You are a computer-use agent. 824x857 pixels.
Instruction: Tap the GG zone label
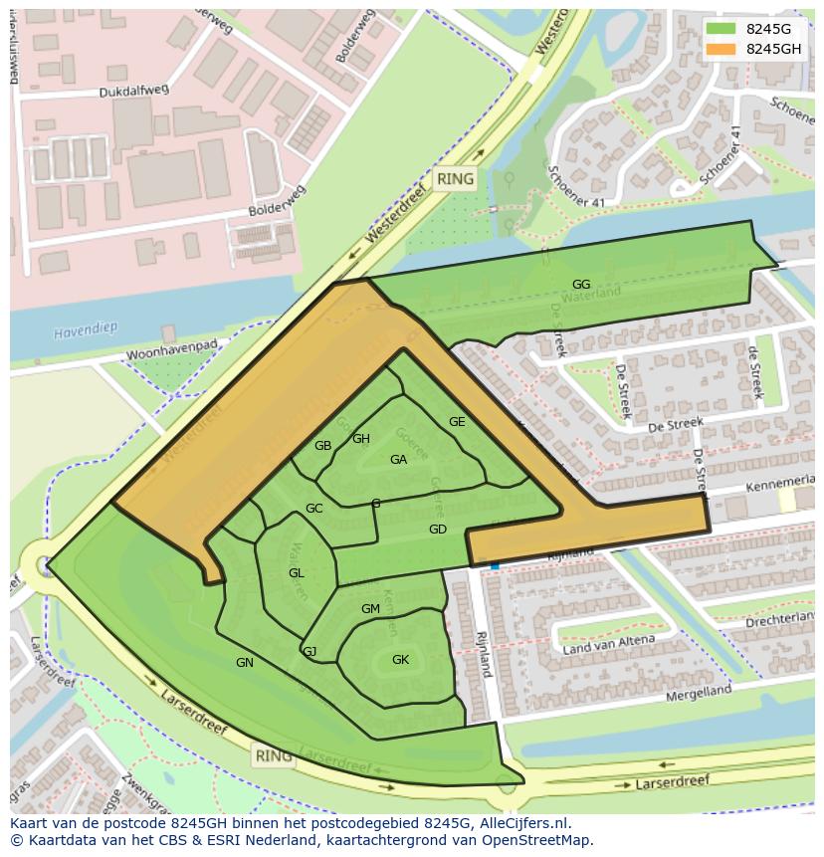tap(581, 285)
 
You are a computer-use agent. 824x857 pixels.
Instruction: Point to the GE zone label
tap(457, 422)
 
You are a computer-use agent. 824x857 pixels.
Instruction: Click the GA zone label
tap(399, 460)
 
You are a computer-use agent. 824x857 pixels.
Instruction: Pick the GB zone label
tap(322, 446)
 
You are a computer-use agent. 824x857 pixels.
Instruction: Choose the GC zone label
tap(314, 509)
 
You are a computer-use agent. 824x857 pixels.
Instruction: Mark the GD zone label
tap(438, 530)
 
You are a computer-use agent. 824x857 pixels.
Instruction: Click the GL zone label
tap(297, 573)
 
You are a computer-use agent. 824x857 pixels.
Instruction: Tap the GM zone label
tap(371, 609)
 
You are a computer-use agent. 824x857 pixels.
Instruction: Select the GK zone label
tap(400, 660)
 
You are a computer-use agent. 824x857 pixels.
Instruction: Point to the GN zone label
tap(245, 663)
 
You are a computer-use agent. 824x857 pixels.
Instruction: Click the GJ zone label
tap(309, 652)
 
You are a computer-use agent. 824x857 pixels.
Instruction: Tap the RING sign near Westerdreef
tap(455, 180)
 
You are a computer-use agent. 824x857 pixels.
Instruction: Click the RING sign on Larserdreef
tap(274, 755)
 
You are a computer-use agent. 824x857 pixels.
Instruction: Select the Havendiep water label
tap(86, 331)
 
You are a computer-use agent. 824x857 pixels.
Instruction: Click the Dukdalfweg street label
tap(134, 91)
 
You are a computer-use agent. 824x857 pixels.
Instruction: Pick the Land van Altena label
tap(609, 644)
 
